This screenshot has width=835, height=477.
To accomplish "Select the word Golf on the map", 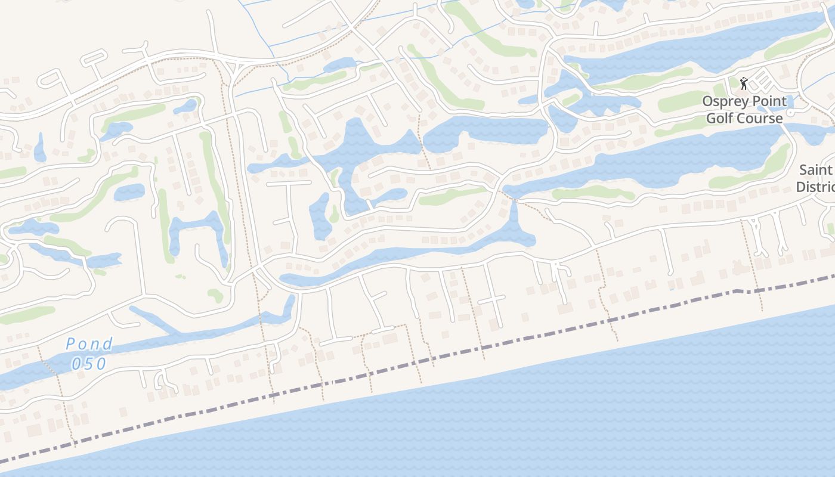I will (723, 118).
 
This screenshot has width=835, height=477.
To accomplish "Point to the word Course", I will (762, 118).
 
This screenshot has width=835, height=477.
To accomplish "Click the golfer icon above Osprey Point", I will (744, 83).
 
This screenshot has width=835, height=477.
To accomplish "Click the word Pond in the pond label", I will (89, 344).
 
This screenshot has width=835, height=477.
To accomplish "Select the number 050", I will (89, 363).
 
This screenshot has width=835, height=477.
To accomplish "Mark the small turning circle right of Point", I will (790, 112).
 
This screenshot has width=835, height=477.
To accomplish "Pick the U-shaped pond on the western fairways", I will (197, 230).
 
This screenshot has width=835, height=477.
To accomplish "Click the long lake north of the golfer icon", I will (686, 45).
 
